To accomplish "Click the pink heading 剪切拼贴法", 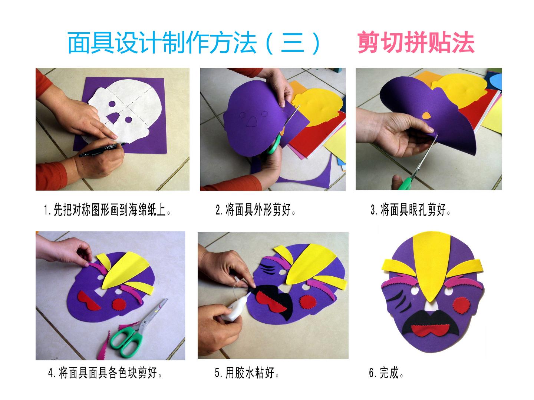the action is [x=416, y=42].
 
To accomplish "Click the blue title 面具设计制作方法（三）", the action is [x=194, y=43].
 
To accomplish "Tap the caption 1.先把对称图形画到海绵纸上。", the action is [x=107, y=210].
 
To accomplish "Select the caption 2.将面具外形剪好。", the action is [x=256, y=210].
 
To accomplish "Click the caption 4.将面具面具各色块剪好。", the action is [x=105, y=373].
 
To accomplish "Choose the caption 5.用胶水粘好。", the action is [x=247, y=373].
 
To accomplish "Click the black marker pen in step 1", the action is [x=102, y=149].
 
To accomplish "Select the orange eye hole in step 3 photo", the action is [x=426, y=116].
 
